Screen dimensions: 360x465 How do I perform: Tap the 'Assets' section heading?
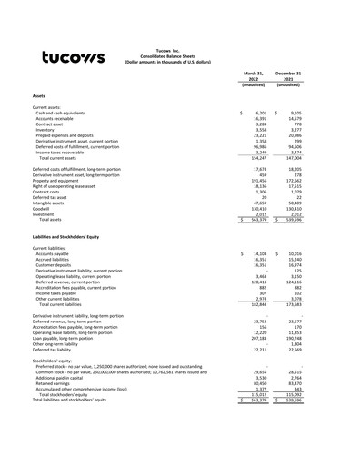point(42,94)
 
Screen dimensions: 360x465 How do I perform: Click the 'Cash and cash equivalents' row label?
point(63,113)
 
